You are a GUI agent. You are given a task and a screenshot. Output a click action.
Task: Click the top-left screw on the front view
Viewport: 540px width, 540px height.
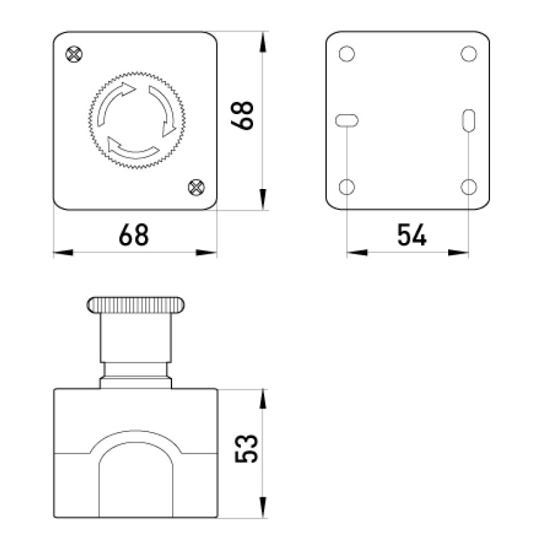pos(74,54)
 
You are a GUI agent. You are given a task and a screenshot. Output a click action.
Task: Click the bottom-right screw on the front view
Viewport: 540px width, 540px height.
pos(196,188)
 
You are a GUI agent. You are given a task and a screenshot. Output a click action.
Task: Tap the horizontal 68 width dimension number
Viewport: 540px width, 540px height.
pos(134,235)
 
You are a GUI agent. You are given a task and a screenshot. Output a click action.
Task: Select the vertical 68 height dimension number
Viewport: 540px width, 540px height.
pos(242,115)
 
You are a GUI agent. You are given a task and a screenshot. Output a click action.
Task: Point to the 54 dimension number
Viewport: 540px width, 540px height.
pos(412,235)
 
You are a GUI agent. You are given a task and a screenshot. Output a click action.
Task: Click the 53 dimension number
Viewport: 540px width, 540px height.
pos(246,448)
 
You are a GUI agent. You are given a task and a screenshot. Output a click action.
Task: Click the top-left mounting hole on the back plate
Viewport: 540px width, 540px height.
pos(347,54)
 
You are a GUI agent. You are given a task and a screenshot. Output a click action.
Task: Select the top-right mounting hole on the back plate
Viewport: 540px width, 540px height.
pos(468,54)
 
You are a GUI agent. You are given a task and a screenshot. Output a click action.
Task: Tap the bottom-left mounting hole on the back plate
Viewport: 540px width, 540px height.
pos(347,187)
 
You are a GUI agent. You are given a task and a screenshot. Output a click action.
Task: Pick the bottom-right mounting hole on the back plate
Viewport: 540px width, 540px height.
pos(468,187)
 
